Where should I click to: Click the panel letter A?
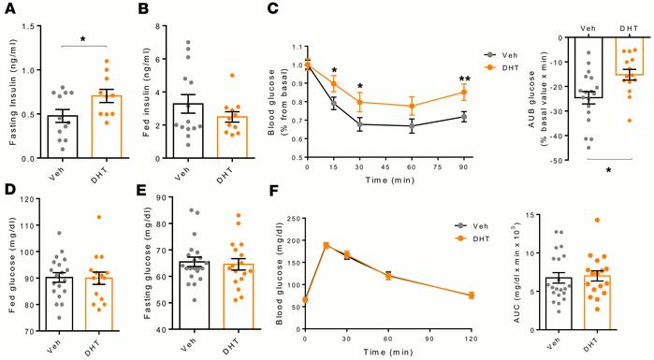tap(7, 9)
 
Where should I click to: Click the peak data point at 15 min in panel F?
tap(326, 245)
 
